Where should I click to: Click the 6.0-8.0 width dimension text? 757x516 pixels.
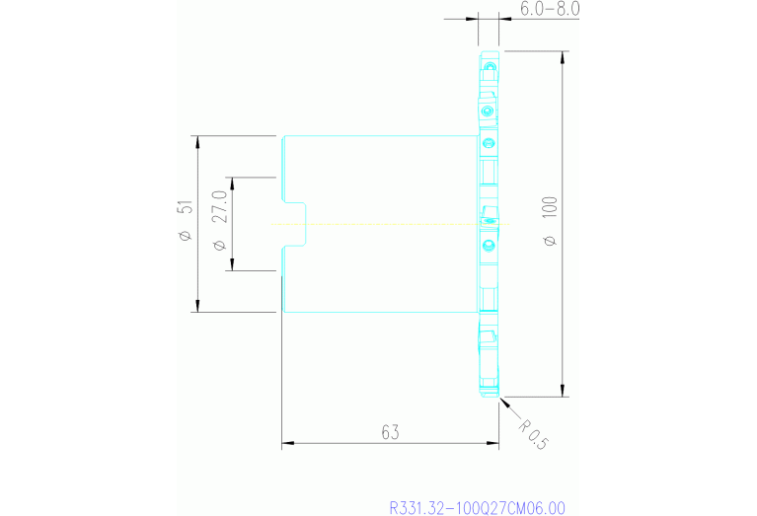point(550,9)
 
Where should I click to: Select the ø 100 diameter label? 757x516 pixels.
point(550,222)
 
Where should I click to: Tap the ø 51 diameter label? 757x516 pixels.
point(186,220)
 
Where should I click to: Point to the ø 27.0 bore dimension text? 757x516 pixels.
point(220,221)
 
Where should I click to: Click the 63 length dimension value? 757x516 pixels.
point(390,432)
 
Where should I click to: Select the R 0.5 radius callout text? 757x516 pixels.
point(534,434)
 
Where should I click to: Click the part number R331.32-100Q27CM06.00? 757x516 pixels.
point(477,508)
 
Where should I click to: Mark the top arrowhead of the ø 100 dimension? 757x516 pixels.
point(562,56)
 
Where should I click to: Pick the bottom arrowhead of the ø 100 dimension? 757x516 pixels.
point(562,391)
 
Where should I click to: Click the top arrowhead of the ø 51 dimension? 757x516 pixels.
point(197,142)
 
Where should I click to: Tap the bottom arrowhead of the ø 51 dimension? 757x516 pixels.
point(197,306)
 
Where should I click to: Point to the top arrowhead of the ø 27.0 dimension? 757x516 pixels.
point(232,184)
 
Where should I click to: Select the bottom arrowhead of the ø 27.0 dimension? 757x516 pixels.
point(232,264)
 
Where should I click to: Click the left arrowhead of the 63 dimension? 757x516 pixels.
point(288,443)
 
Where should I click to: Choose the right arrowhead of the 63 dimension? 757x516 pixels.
point(492,443)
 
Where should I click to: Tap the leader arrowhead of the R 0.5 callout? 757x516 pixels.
point(504,402)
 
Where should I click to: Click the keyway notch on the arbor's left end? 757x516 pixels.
point(294,224)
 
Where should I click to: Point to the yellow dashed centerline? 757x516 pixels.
point(390,224)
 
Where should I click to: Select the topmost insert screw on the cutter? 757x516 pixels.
point(491,66)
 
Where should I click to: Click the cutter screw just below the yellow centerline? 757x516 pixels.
point(489,246)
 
